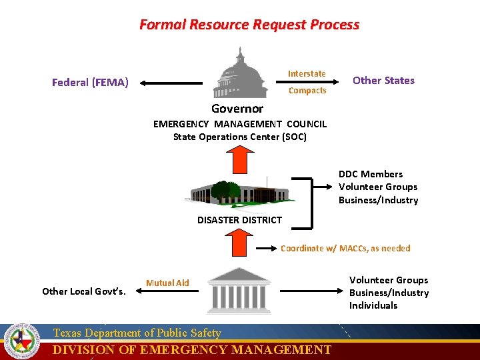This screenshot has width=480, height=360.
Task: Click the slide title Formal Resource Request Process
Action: [249, 25]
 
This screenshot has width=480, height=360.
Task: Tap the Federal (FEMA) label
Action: [90, 83]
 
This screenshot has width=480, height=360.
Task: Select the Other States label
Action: [383, 81]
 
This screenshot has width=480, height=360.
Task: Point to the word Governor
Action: [237, 109]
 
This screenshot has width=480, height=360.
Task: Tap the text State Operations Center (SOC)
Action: [239, 137]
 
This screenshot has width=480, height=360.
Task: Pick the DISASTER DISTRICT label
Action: [239, 220]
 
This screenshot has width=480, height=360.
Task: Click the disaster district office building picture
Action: [238, 191]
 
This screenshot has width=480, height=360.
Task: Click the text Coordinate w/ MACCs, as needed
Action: [345, 248]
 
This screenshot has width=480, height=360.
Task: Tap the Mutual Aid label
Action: [167, 283]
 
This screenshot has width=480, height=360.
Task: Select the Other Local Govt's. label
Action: [83, 291]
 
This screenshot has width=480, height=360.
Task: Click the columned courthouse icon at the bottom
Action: [239, 290]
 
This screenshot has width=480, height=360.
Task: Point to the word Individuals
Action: [373, 305]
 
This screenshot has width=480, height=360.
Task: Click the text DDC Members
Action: [371, 174]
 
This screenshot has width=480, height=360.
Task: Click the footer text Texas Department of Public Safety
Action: [137, 333]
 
